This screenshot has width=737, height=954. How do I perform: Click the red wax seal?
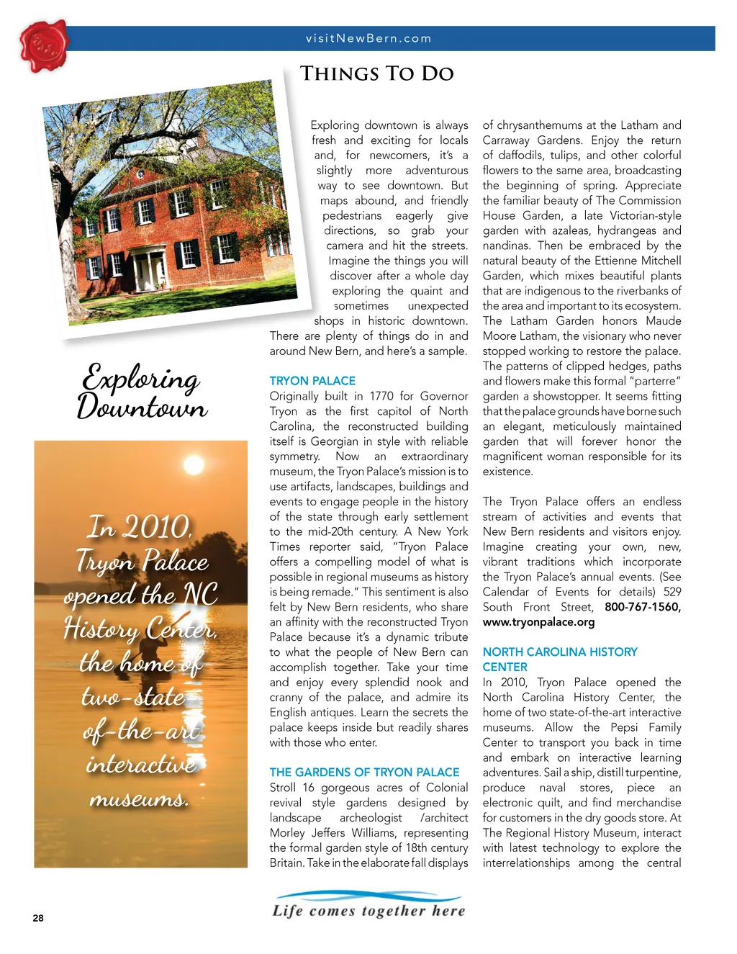(43, 46)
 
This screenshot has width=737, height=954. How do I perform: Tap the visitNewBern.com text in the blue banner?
(368, 39)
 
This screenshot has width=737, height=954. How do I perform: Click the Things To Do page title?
(376, 73)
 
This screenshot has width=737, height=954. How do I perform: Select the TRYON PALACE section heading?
(312, 381)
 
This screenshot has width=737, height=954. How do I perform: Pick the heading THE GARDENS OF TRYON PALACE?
(364, 772)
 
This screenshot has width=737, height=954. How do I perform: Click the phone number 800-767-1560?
(642, 607)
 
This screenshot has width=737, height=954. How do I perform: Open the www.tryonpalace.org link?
(538, 622)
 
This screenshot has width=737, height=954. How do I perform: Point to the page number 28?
(38, 918)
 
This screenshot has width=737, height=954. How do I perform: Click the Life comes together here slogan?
(368, 910)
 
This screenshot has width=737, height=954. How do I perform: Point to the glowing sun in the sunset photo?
(193, 464)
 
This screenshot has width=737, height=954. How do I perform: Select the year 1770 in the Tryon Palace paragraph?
(381, 396)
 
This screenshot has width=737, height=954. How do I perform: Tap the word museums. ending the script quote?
(139, 798)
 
